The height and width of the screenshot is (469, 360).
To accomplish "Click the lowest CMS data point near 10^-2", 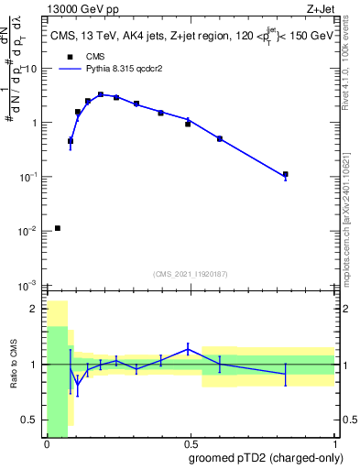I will tap(58, 228).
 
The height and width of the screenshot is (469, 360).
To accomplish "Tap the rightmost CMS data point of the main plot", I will tap(286, 174).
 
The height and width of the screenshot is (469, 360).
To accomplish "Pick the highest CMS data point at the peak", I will tap(101, 94).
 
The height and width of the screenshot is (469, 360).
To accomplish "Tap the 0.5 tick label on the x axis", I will tap(191, 445).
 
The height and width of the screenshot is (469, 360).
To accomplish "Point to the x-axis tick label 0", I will tap(47, 445).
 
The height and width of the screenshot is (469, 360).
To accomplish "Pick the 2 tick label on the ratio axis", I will tap(34, 309).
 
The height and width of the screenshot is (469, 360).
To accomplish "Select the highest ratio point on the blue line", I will tap(188, 348).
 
